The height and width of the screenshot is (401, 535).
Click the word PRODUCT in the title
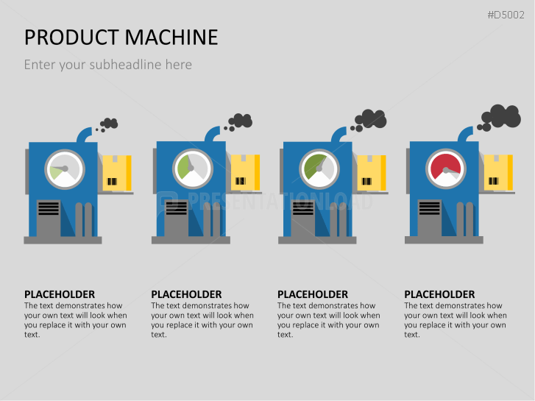pos(70,37)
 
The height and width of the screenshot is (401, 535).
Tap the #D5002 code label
pos(509,14)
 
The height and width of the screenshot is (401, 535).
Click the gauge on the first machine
pos(65,168)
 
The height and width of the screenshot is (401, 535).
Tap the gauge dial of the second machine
pos(193,168)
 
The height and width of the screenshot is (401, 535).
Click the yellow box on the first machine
pos(116,173)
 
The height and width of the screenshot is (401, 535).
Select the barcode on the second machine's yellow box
pos(240,181)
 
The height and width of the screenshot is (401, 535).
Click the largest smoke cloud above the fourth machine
pos(504,116)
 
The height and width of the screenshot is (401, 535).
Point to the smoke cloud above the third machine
pos(370,118)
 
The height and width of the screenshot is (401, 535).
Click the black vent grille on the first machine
pos(49,208)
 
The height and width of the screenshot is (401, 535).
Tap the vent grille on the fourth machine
pos(430,208)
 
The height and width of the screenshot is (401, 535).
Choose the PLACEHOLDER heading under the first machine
pos(60,294)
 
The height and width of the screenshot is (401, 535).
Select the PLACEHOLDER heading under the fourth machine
pos(439,294)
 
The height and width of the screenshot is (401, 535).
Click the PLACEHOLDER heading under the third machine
pos(313,294)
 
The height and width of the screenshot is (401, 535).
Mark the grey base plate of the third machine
pos(317,240)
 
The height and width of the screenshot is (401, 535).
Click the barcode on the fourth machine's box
pos(494,181)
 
